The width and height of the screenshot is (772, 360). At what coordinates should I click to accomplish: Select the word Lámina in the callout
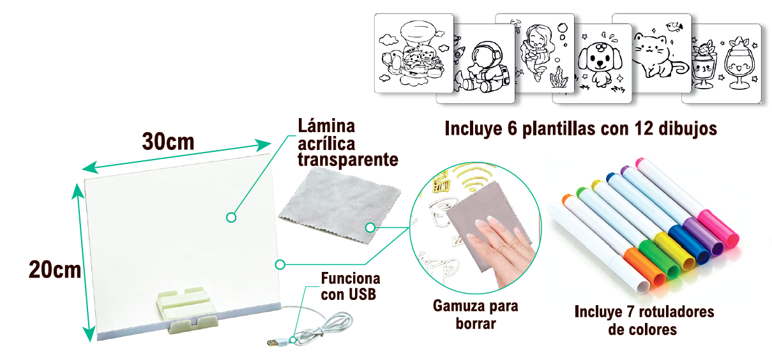coord(326,126)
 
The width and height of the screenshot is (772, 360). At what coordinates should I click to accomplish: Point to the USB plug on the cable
coord(273,343)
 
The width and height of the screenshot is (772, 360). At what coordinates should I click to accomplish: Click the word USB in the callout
coord(361,294)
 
